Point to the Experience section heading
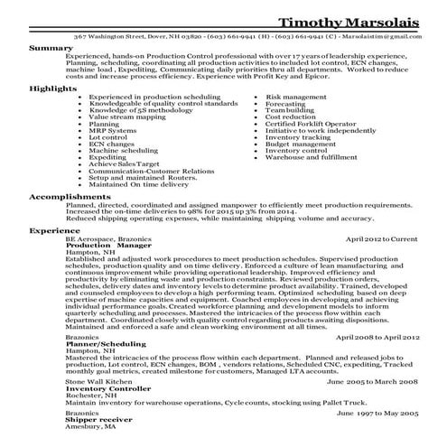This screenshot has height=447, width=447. point(53,256)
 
